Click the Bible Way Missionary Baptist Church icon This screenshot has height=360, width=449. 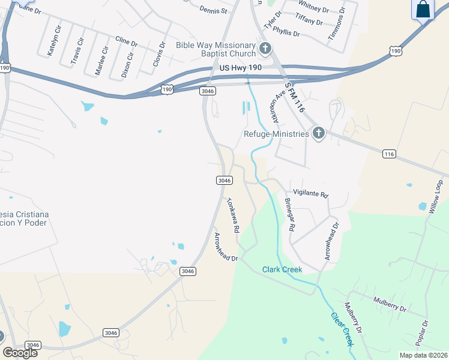pyautogui.click(x=265, y=49)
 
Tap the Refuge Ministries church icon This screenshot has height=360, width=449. pyautogui.click(x=318, y=133)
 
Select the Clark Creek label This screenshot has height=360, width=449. pyautogui.click(x=282, y=269)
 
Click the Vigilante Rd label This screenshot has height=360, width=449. pyautogui.click(x=311, y=195)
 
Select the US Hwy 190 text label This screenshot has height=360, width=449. pyautogui.click(x=240, y=69)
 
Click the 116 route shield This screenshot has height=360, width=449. pyautogui.click(x=388, y=154)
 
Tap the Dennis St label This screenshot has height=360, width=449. pyautogui.click(x=214, y=10)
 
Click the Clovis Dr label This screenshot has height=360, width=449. pyautogui.click(x=158, y=54)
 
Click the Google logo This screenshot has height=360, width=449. pyautogui.click(x=20, y=352)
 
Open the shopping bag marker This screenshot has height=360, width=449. pyautogui.click(x=423, y=10)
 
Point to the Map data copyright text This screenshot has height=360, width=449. pyautogui.click(x=423, y=355)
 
